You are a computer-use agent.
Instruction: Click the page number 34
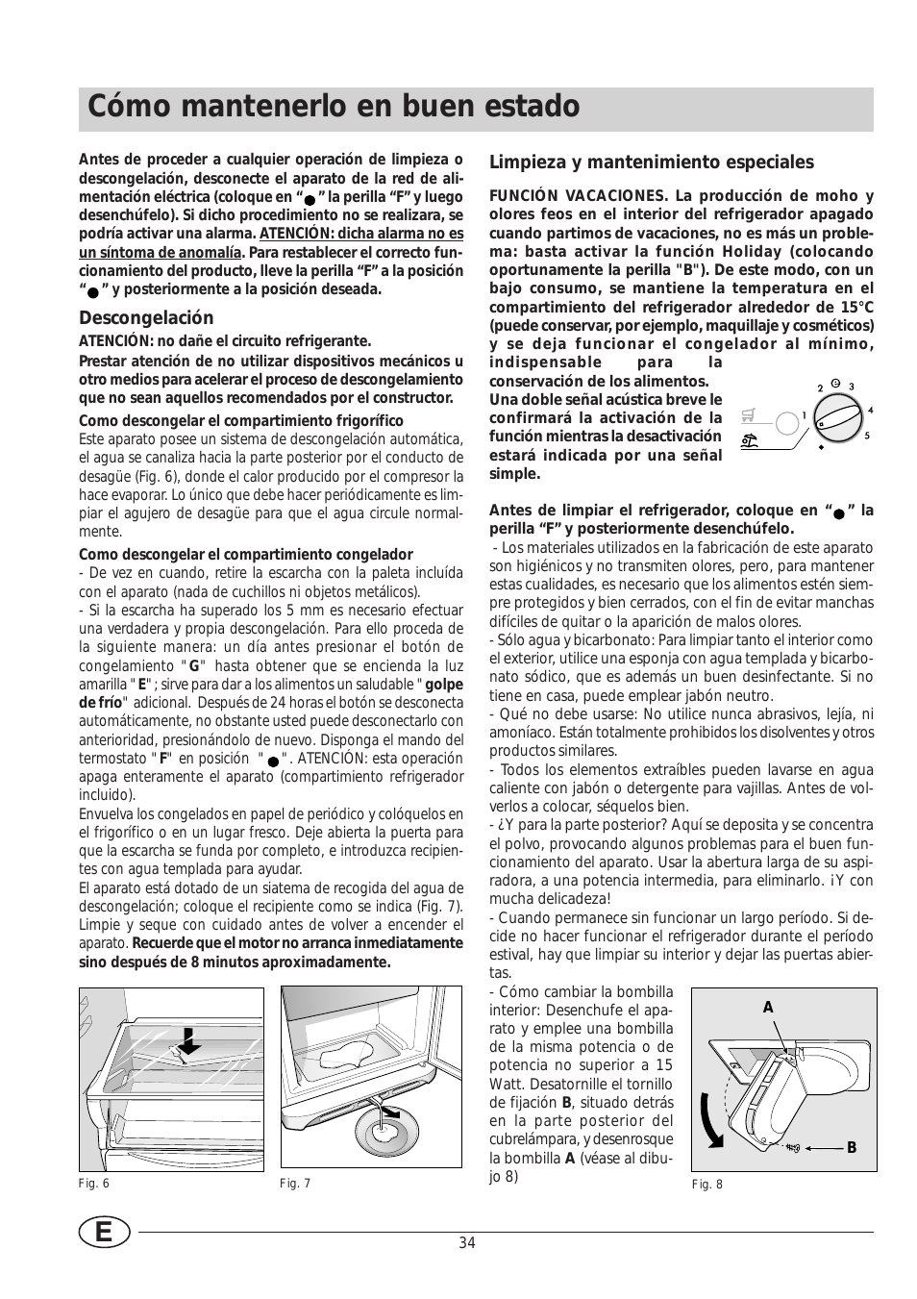[x=467, y=1242]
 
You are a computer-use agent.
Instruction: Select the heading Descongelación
[x=146, y=318]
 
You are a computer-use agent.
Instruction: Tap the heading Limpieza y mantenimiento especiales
[x=652, y=162]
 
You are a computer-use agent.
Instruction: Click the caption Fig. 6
[x=94, y=1184]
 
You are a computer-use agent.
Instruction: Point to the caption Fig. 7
[x=295, y=1184]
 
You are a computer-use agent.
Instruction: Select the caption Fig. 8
[x=706, y=1185]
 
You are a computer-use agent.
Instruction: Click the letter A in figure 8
[x=768, y=1008]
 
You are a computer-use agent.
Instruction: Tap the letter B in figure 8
[x=851, y=1148]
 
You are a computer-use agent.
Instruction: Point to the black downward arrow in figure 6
[x=191, y=1039]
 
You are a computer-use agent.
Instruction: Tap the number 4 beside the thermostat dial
[x=870, y=412]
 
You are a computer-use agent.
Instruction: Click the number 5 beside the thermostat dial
[x=866, y=436]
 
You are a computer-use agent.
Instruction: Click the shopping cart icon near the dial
[x=749, y=416]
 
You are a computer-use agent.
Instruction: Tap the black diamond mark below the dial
[x=822, y=448]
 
